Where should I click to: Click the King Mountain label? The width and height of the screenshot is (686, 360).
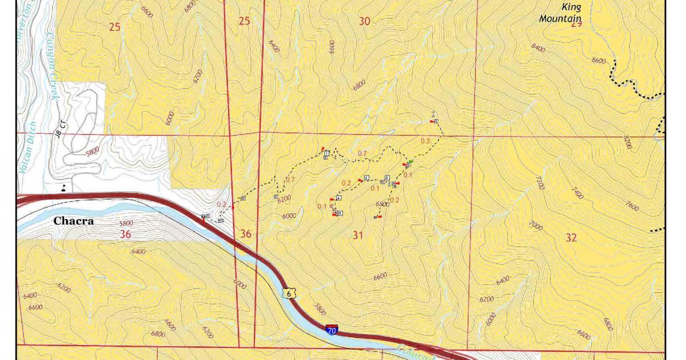(560, 13)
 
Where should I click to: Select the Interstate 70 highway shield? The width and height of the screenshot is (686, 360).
(331, 330)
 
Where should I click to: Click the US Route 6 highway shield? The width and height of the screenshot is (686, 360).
(290, 293)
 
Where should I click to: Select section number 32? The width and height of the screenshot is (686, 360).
(571, 238)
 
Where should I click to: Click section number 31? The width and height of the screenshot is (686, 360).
(358, 235)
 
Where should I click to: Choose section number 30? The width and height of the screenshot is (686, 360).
(364, 22)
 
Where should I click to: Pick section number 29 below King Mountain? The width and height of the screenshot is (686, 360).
(576, 24)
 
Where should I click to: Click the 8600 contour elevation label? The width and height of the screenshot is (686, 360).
(599, 60)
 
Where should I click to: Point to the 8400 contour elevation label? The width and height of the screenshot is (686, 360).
(538, 48)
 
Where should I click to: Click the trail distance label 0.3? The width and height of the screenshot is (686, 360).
(425, 141)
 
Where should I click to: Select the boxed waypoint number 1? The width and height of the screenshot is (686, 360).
(326, 153)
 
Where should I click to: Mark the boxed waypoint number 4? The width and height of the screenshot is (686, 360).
(339, 198)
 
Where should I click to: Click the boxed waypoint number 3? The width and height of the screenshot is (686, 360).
(366, 177)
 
